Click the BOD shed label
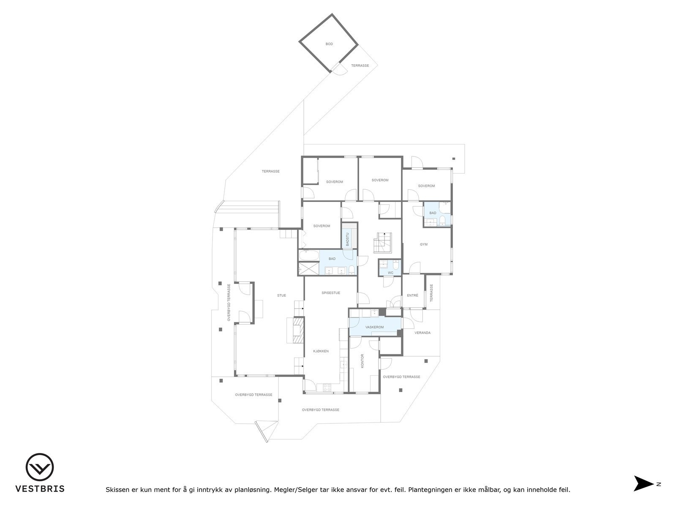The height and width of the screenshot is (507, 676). [329, 44]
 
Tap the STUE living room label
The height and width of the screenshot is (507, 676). [281, 295]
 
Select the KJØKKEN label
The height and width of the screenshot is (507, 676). [321, 351]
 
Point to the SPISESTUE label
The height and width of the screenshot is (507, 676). [331, 292]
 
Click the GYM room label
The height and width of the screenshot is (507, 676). [424, 244]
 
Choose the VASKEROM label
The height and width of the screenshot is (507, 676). [374, 327]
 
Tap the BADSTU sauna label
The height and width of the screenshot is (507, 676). [348, 240]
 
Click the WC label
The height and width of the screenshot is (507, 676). [390, 273]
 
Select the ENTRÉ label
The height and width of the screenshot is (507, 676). [412, 295]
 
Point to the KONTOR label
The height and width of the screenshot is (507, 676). [363, 361]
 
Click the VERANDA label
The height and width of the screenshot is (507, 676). [422, 333]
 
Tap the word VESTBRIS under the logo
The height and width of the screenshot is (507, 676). [40, 489]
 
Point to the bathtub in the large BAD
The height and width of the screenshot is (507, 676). [309, 256]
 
